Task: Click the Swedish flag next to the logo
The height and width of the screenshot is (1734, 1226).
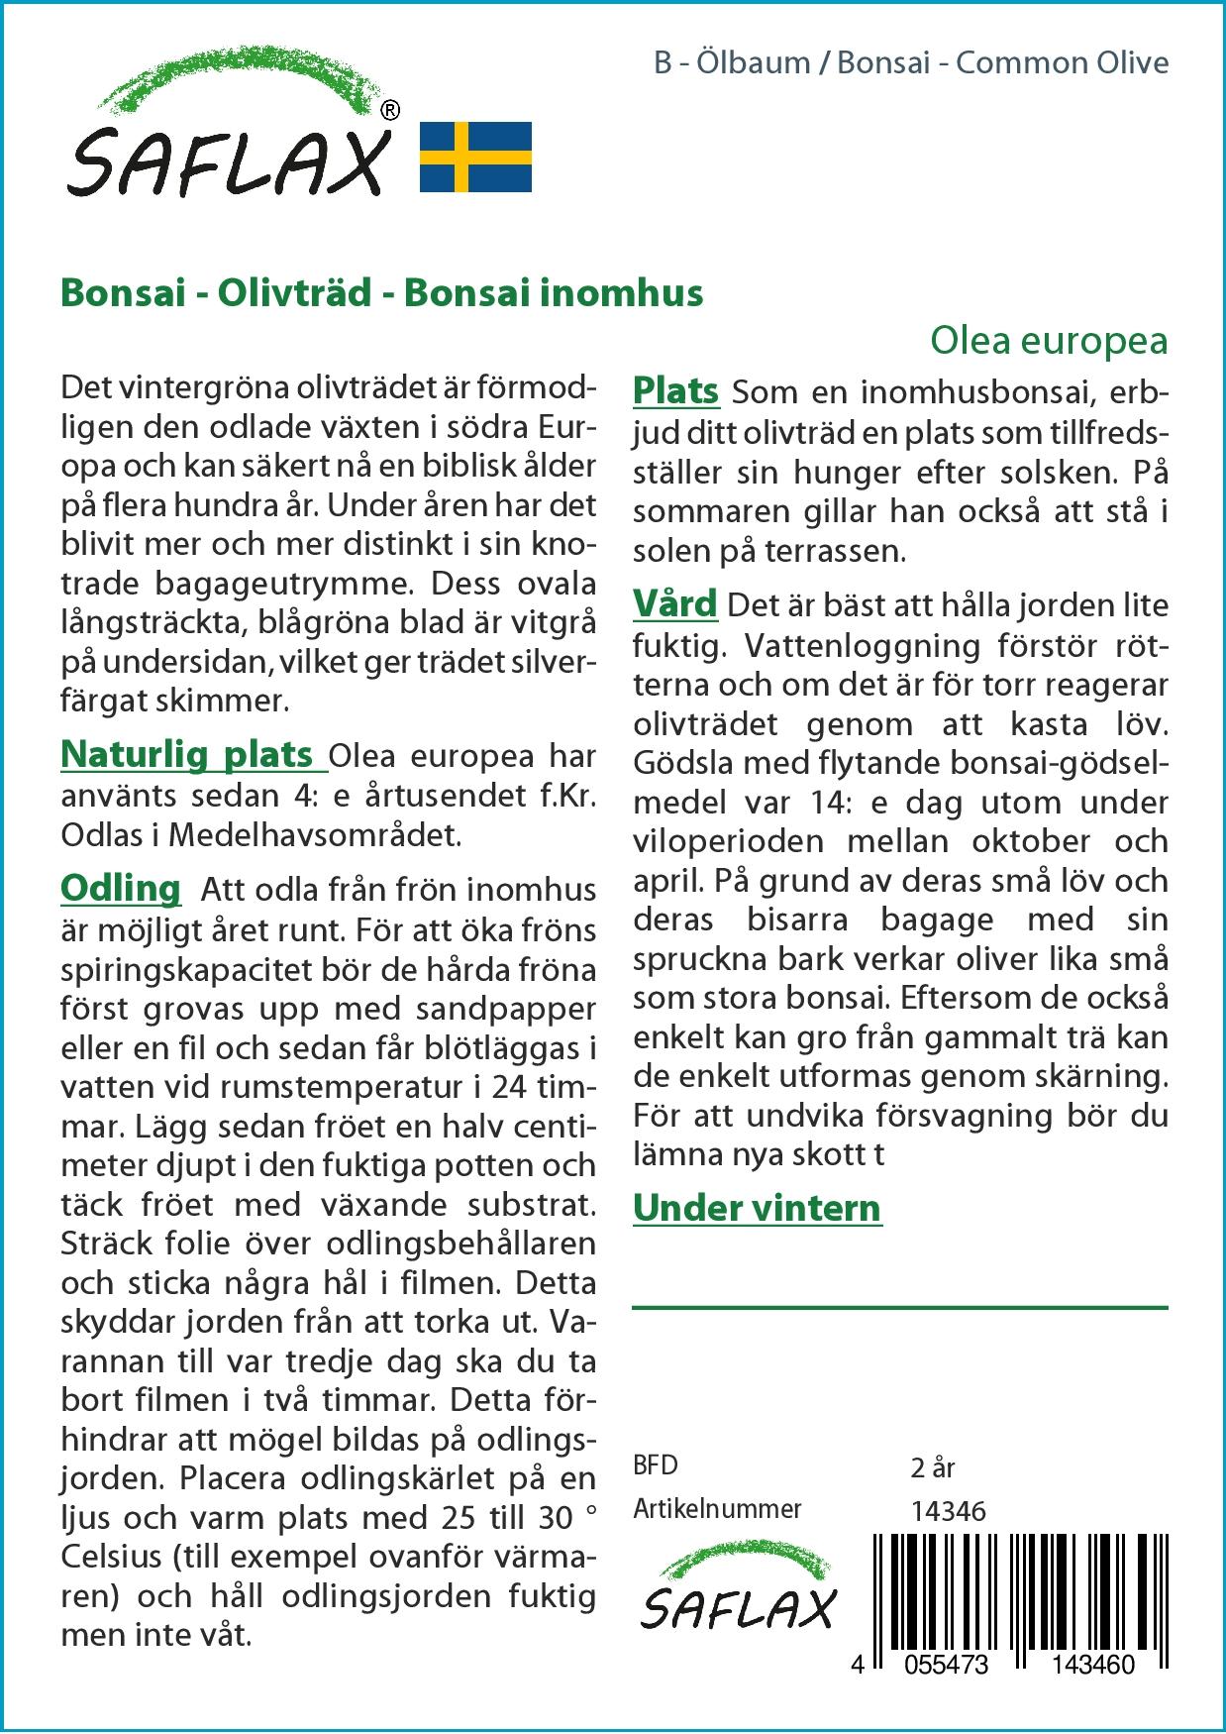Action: pyautogui.click(x=475, y=157)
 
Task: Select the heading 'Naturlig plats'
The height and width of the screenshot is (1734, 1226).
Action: pyautogui.click(x=187, y=754)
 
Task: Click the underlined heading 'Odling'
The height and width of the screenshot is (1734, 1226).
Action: pyautogui.click(x=121, y=888)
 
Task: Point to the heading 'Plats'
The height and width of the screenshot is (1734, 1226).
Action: pyautogui.click(x=675, y=390)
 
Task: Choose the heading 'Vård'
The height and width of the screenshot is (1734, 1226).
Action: pyautogui.click(x=674, y=603)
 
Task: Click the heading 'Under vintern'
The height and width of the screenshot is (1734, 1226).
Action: pyautogui.click(x=757, y=1208)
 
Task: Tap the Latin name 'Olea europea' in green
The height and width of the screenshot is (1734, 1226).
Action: pyautogui.click(x=1049, y=340)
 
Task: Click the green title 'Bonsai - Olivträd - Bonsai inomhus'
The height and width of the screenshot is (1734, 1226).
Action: pyautogui.click(x=382, y=292)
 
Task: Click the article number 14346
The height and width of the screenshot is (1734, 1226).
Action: pyautogui.click(x=948, y=1510)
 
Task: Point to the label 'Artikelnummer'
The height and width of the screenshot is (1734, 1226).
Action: pyautogui.click(x=717, y=1509)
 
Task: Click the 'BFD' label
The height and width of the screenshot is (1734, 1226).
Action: pyautogui.click(x=656, y=1465)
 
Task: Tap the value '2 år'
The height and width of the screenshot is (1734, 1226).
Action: pyautogui.click(x=932, y=1466)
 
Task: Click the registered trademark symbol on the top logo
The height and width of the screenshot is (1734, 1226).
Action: pyautogui.click(x=390, y=111)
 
